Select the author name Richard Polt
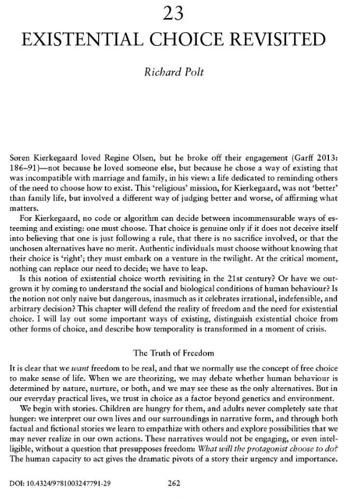[x=179, y=77]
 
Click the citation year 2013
[x=338, y=151]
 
